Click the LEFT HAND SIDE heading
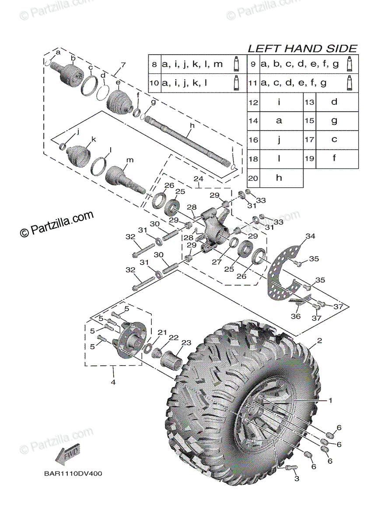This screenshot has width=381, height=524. [x=302, y=48]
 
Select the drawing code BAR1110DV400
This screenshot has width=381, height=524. [x=72, y=473]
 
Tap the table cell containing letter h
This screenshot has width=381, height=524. [x=279, y=178]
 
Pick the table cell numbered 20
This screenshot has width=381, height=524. [x=253, y=178]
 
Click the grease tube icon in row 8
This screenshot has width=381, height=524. [x=237, y=64]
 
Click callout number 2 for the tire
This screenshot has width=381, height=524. [x=319, y=341]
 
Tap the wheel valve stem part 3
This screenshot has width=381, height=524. [x=290, y=468]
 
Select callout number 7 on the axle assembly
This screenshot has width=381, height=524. [x=123, y=65]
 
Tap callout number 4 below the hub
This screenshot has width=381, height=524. [x=112, y=383]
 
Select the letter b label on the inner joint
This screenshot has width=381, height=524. [x=73, y=58]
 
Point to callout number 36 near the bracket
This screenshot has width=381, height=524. [x=296, y=316]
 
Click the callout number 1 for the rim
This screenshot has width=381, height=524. [x=331, y=400]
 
